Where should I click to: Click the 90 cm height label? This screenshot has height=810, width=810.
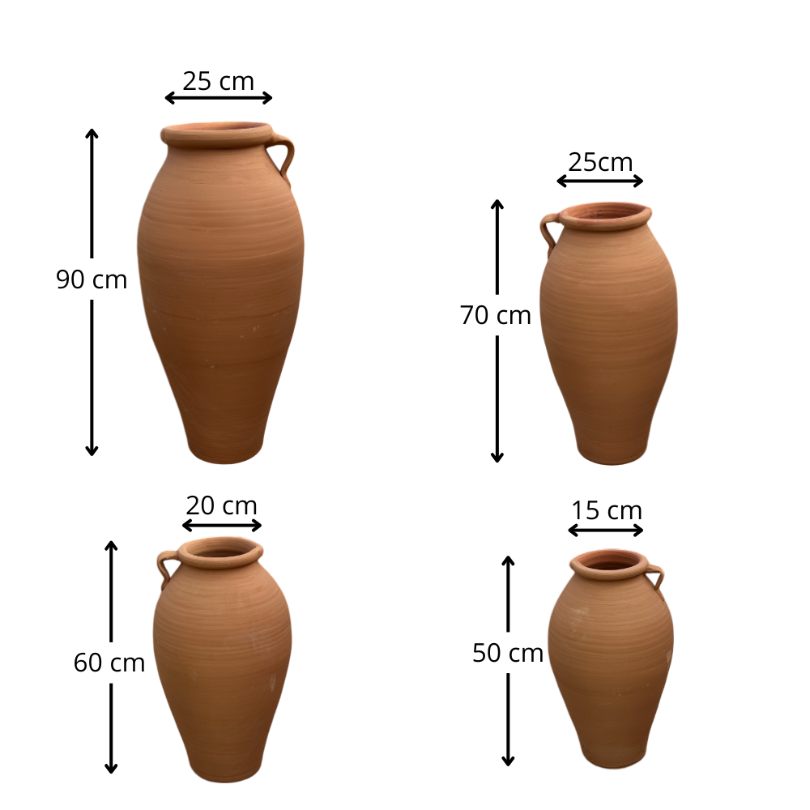[x=92, y=279]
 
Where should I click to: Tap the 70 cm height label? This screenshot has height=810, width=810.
[x=496, y=315]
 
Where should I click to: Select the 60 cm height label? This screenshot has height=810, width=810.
[x=109, y=663]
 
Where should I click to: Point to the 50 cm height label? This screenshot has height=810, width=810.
[x=508, y=653]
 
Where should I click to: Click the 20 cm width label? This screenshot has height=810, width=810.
[x=221, y=505]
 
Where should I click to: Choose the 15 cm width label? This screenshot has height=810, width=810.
[x=607, y=511]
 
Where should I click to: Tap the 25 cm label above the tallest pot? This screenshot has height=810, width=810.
[x=219, y=81]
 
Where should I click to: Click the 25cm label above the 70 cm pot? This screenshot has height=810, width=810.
[x=600, y=162]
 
